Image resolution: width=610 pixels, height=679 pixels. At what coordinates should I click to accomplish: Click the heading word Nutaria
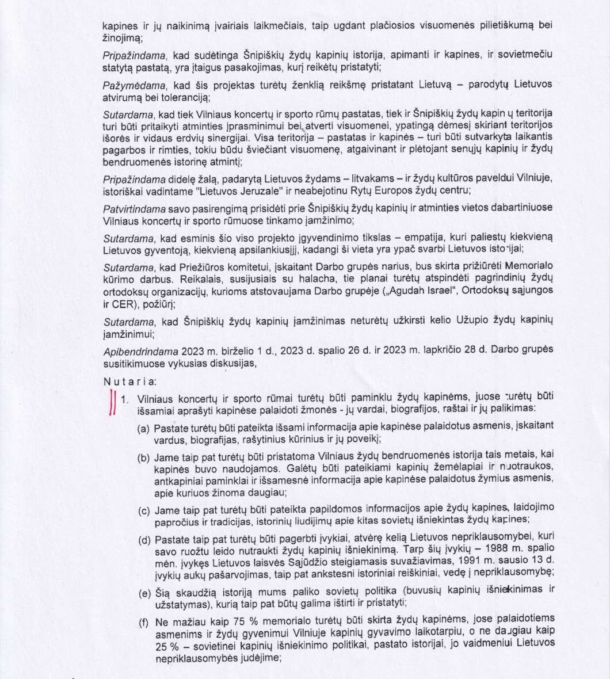pyautogui.click(x=121, y=381)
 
